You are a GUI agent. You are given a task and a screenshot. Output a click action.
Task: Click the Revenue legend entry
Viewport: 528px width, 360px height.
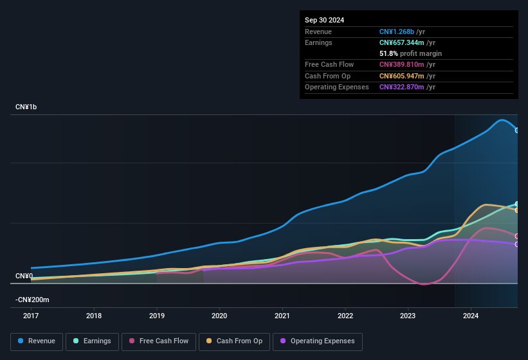click(37, 341)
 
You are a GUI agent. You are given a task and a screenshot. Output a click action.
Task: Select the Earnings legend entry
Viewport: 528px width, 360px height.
click(91, 341)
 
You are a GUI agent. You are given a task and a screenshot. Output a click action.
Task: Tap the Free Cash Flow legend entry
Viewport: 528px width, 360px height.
click(159, 341)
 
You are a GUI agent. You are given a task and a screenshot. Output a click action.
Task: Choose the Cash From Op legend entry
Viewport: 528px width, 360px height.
click(234, 341)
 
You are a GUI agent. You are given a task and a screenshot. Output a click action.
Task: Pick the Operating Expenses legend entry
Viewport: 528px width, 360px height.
click(318, 341)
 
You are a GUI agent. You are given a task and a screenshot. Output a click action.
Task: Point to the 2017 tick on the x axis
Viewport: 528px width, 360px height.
click(31, 316)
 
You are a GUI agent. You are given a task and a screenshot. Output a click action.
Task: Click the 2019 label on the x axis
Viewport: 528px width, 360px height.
click(156, 316)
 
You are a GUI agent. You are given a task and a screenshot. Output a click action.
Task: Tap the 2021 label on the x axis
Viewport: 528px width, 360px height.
click(282, 316)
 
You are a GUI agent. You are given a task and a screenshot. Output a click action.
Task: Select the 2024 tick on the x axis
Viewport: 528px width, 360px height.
click(470, 316)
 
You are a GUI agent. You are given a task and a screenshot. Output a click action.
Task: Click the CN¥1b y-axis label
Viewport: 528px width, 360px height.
click(26, 107)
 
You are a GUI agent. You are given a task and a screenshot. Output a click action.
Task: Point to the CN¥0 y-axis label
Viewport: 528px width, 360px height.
click(24, 276)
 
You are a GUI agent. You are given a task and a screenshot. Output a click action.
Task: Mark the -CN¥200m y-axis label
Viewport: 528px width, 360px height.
click(32, 300)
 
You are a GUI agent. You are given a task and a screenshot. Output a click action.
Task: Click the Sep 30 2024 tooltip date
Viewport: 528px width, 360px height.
click(324, 20)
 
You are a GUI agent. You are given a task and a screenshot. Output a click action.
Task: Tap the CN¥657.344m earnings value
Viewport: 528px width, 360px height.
click(402, 42)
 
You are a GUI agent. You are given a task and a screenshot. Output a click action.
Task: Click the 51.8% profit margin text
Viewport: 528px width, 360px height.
click(410, 53)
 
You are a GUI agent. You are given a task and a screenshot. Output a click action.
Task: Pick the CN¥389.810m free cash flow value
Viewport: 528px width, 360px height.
click(402, 64)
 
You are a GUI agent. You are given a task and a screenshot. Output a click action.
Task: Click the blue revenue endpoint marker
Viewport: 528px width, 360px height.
click(517, 130)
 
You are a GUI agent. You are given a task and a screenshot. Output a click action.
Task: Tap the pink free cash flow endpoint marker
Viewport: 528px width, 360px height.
click(517, 236)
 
